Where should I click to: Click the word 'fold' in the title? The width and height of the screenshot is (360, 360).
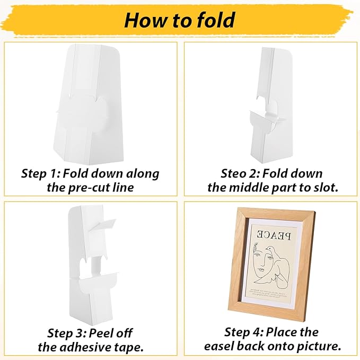[x=209, y=20]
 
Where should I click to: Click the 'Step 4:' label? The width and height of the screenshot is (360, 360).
[x=244, y=332]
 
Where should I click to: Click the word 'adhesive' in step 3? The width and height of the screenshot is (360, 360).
[x=90, y=347]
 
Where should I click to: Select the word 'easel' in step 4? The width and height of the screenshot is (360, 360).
[x=223, y=346]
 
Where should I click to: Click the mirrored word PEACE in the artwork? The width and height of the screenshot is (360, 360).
[x=271, y=234]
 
